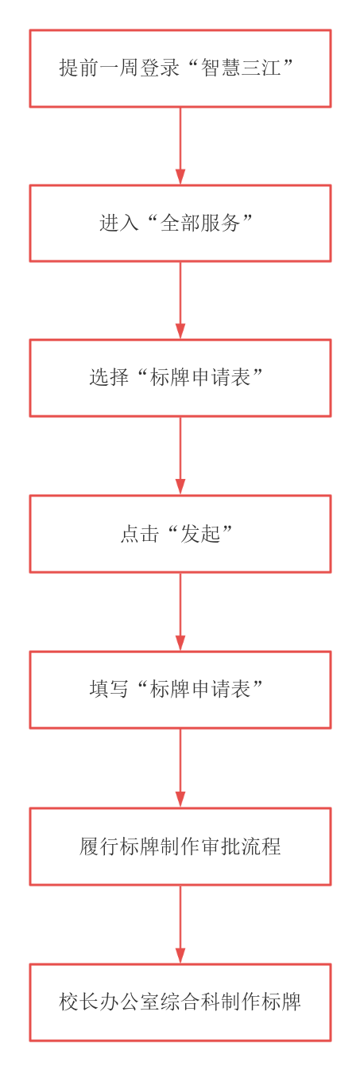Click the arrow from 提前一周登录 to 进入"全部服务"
180,146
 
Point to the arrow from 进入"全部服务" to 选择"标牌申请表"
180,301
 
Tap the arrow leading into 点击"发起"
180,456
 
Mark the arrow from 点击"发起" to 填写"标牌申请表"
180,612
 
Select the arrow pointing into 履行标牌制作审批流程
180,768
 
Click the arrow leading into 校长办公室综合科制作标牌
180,924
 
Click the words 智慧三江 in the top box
241,68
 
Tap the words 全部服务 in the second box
200,223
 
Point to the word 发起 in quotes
200,534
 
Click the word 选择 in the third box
109,377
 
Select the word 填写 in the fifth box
109,689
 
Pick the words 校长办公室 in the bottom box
109,1002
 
